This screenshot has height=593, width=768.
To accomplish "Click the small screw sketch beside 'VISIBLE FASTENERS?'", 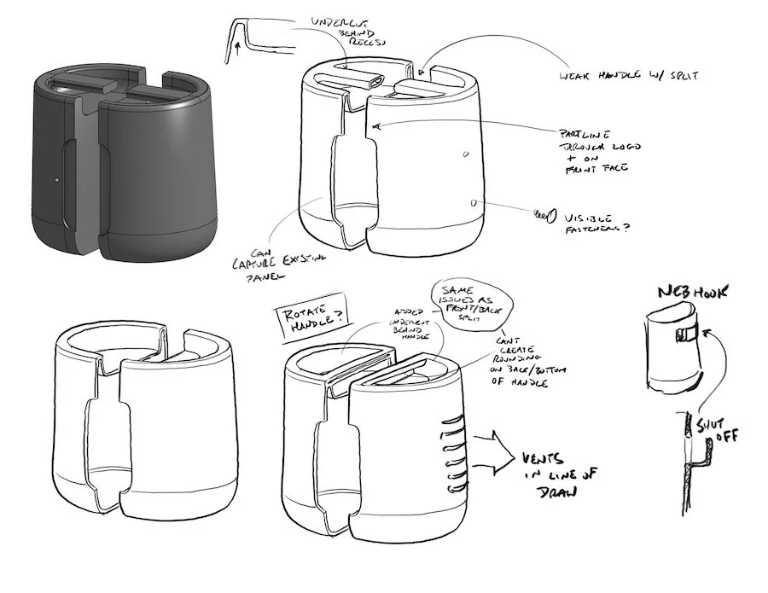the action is tap(540, 214).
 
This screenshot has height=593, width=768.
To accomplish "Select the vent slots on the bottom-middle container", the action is tap(449, 448).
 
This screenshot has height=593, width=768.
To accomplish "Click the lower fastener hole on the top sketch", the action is tap(474, 203).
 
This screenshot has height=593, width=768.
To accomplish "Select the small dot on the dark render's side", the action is tap(55, 181).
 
